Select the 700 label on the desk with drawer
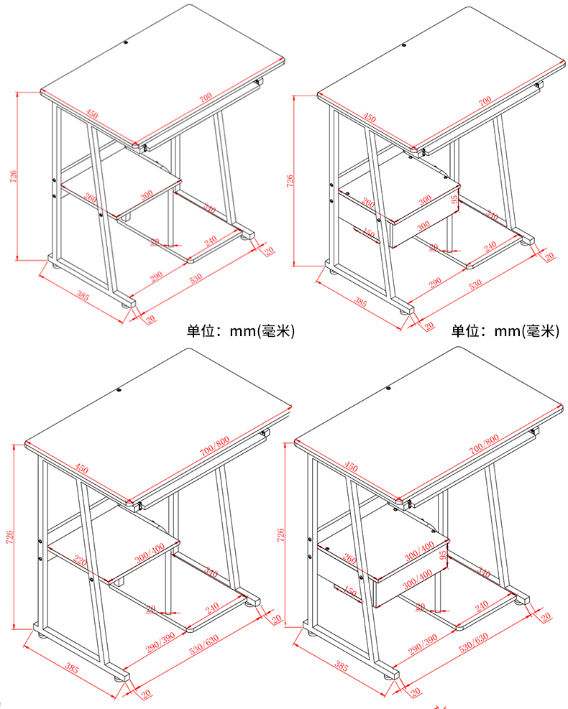pyautogui.click(x=484, y=101)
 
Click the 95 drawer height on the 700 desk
pyautogui.click(x=454, y=199)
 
